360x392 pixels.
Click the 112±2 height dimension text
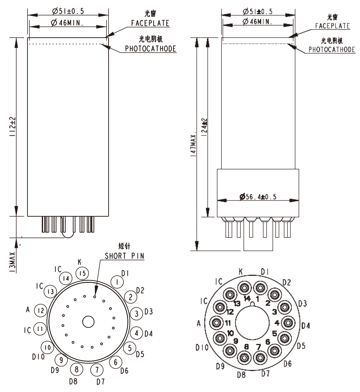pyautogui.click(x=13, y=127)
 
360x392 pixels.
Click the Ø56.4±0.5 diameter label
pyautogui.click(x=258, y=197)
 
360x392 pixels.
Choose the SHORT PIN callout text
pyautogui.click(x=124, y=256)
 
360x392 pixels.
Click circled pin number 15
pyautogui.click(x=82, y=273)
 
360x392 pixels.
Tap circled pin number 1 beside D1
pyautogui.click(x=117, y=282)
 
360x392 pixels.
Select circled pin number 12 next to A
pyautogui.click(x=41, y=310)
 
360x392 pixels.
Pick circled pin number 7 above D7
pyautogui.click(x=97, y=370)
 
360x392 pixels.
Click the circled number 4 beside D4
pyautogui.click(x=136, y=333)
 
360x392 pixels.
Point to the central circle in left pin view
pyautogui.click(x=88, y=322)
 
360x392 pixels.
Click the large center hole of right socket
pyautogui.click(x=252, y=322)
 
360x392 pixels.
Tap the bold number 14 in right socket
pyautogui.click(x=247, y=299)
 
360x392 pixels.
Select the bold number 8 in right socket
pyautogui.click(x=246, y=347)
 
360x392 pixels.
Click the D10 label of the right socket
pyautogui.click(x=202, y=348)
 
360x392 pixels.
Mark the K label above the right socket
pyautogui.click(x=241, y=271)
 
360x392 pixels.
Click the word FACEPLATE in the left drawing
pyautogui.click(x=150, y=23)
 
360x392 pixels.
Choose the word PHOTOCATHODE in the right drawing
pyautogui.click(x=332, y=49)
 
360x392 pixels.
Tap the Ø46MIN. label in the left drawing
pyautogui.click(x=67, y=23)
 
